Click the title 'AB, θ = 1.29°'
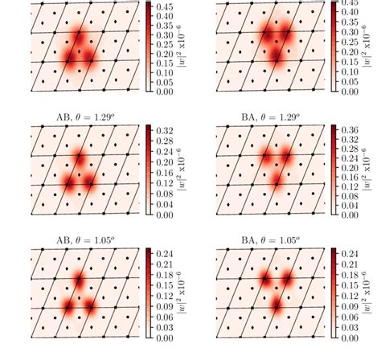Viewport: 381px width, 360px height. pos(80,117)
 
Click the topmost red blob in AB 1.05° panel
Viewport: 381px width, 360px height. pos(79,280)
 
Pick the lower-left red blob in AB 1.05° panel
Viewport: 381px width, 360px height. pos(68,307)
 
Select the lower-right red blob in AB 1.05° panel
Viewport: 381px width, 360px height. pos(89,307)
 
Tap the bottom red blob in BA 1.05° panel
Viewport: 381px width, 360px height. pos(276,305)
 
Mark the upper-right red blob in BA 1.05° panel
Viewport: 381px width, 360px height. pos(286,280)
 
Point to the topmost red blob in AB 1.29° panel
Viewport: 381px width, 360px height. pos(80,158)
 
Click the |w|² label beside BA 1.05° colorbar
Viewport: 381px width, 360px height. pos(370,295)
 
